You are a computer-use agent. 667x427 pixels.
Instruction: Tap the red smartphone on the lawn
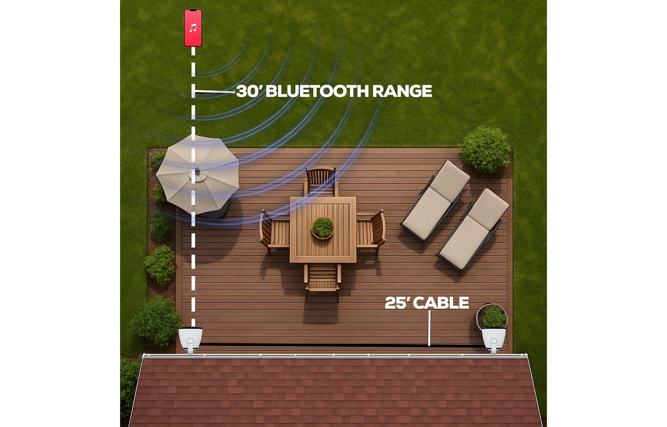pyautogui.click(x=193, y=28)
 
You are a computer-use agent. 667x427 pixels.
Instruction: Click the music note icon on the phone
pyautogui.click(x=193, y=28)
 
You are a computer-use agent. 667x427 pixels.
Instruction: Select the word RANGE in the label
pyautogui.click(x=402, y=91)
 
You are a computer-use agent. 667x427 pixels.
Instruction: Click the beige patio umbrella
pyautogui.click(x=197, y=174)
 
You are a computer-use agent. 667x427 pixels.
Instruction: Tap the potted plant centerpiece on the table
pyautogui.click(x=322, y=228)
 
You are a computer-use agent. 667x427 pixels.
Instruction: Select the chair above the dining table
pyautogui.click(x=320, y=181)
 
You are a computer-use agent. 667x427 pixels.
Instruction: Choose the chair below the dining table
pyautogui.click(x=322, y=278)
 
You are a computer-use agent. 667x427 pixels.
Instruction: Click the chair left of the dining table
pyautogui.click(x=274, y=230)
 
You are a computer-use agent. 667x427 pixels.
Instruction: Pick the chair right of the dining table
pyautogui.click(x=371, y=230)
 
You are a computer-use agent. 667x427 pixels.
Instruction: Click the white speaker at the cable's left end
pyautogui.click(x=190, y=340)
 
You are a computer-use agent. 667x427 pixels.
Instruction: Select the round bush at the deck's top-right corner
pyautogui.click(x=485, y=150)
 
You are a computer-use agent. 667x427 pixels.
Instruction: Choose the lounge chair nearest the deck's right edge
pyautogui.click(x=473, y=229)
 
